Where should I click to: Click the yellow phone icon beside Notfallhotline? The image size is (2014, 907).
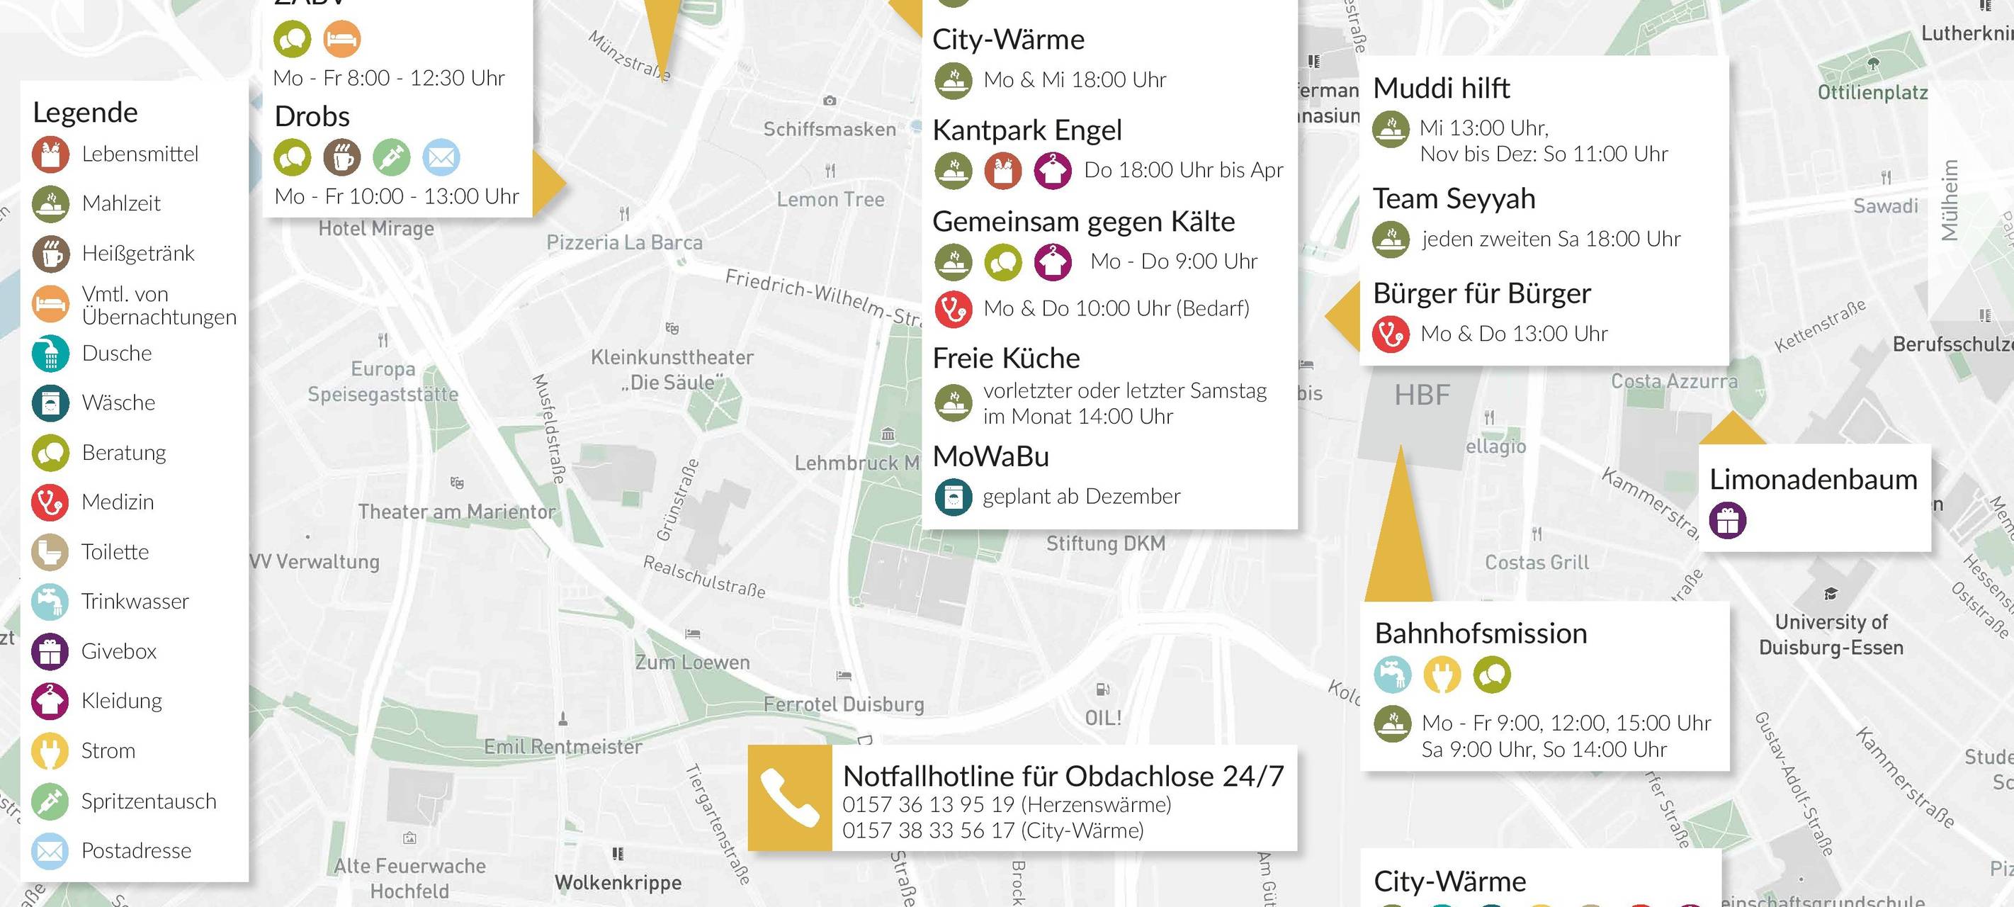[789, 798]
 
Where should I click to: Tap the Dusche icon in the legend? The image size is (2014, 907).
[51, 354]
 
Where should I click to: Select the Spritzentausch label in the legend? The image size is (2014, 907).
[149, 801]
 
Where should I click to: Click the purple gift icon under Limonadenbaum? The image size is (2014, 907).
[1727, 520]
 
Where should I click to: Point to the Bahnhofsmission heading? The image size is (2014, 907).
[1481, 633]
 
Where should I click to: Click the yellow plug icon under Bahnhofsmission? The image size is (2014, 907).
[1442, 674]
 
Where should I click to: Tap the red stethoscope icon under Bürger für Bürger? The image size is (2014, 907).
[1391, 334]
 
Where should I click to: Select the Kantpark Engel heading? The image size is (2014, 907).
[1026, 130]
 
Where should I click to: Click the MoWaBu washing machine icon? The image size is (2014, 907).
[953, 497]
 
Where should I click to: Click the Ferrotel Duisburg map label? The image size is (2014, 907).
[844, 704]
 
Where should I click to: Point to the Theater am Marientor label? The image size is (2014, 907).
[457, 512]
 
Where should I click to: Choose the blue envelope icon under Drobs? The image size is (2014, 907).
[441, 157]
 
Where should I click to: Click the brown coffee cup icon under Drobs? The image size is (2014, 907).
[341, 157]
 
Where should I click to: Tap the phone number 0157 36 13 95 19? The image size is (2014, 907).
[928, 804]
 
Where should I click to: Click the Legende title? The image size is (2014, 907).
[85, 113]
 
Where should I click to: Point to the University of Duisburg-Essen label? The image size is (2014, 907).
[1831, 634]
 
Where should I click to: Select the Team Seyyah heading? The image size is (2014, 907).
[1454, 198]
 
